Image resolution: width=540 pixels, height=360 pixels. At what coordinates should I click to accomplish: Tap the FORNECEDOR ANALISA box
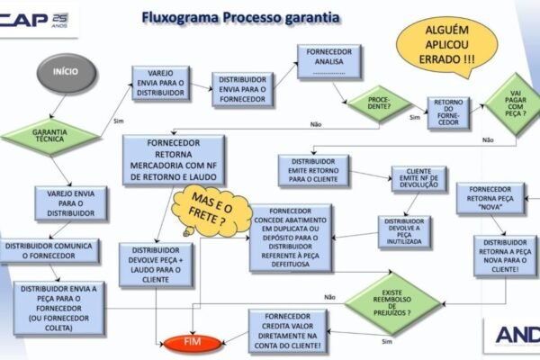[330, 60]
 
